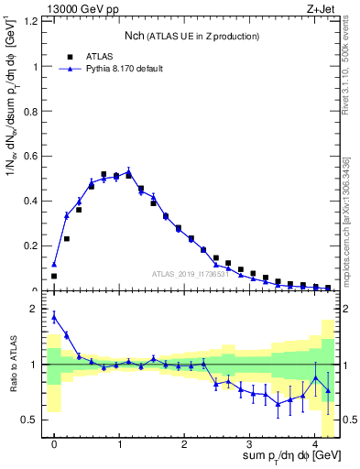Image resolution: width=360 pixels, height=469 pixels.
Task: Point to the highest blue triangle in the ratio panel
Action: coord(54,317)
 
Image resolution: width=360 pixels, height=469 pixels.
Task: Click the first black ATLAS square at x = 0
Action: coord(54,276)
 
